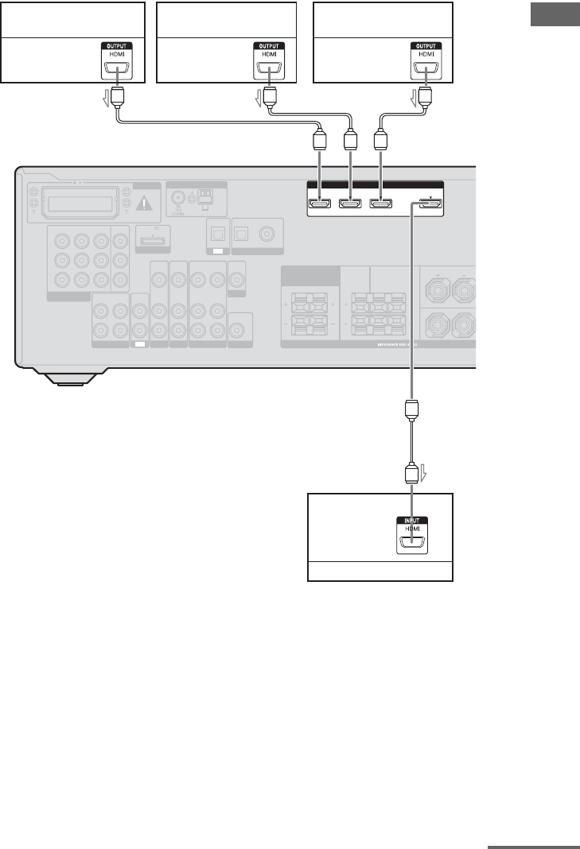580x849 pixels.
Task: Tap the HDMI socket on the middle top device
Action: point(269,68)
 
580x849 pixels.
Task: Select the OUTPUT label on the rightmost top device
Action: point(426,46)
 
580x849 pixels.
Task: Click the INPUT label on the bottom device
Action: point(411,521)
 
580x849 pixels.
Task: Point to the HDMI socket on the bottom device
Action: point(411,545)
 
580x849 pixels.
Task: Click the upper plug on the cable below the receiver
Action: point(411,410)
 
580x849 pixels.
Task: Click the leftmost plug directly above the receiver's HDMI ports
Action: point(320,142)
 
